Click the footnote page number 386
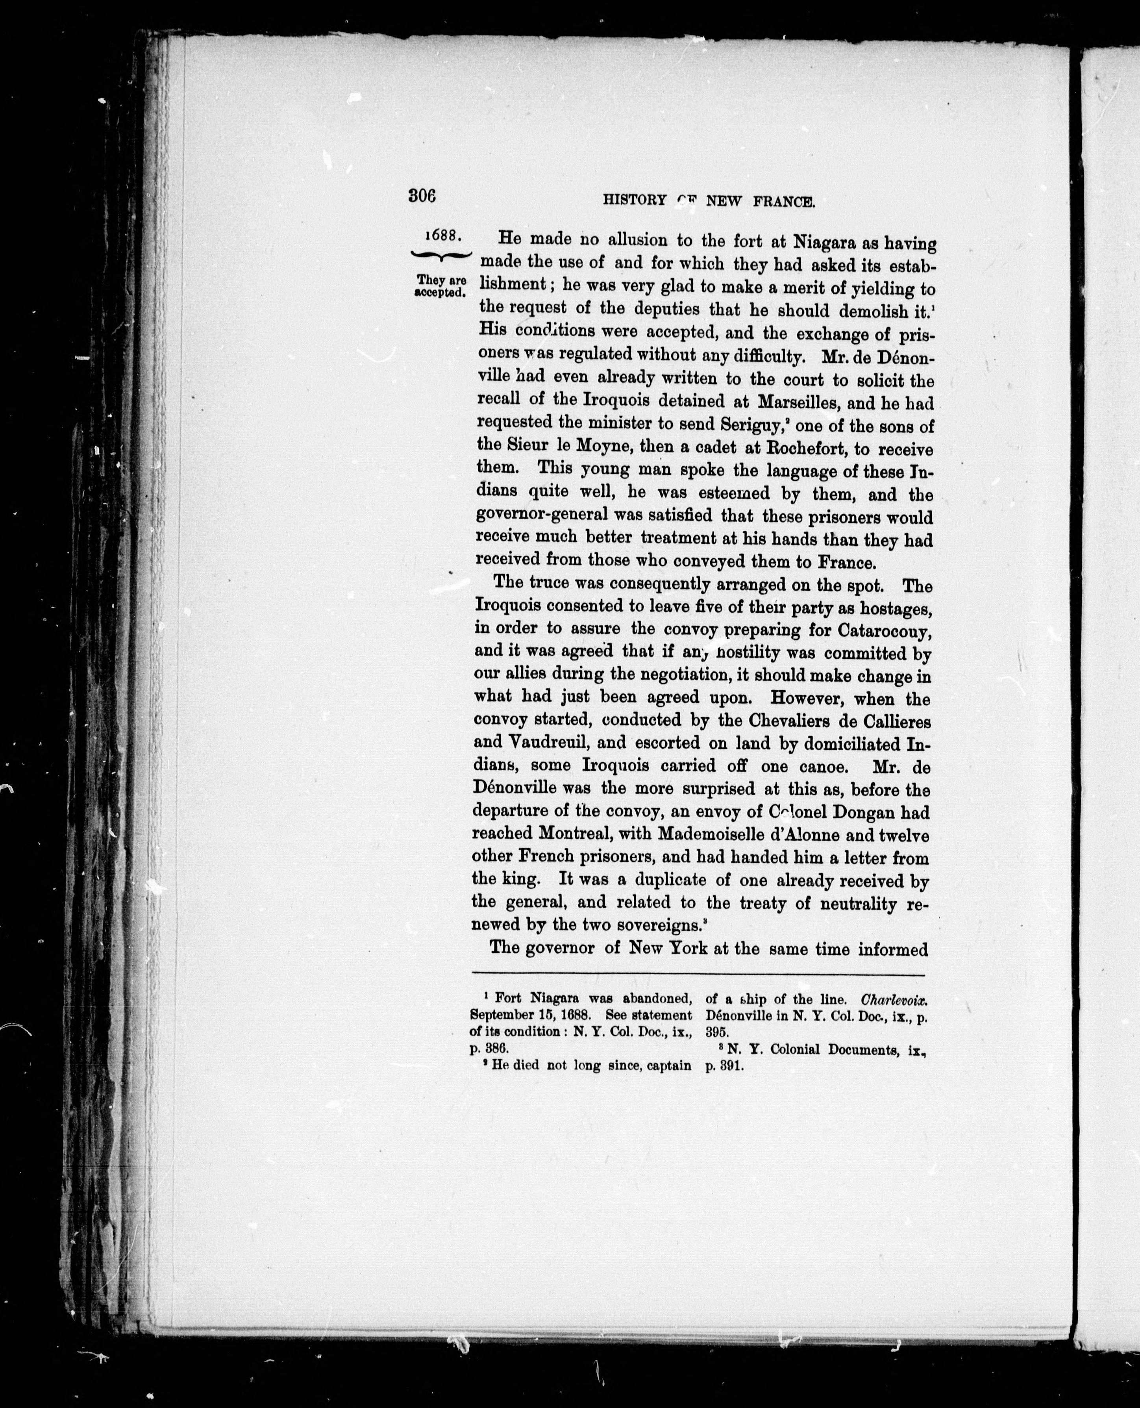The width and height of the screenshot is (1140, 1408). (x=503, y=1049)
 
